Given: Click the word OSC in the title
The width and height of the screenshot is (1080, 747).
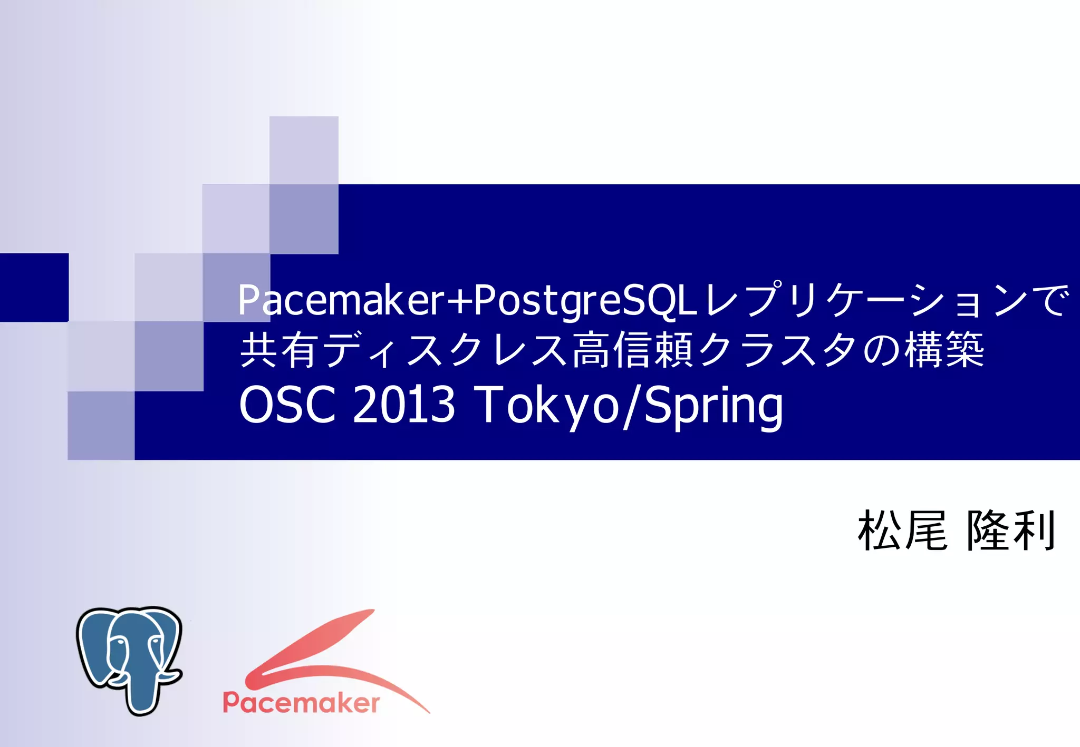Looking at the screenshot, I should (287, 405).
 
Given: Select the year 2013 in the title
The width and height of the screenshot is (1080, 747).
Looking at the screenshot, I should (403, 405).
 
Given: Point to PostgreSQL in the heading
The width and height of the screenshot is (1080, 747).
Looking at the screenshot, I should (585, 300).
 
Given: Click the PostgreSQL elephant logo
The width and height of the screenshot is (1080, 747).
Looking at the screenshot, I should (129, 658).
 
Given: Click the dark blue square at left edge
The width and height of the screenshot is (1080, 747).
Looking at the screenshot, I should (34, 287).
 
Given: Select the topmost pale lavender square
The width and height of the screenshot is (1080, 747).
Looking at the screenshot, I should (304, 150).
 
